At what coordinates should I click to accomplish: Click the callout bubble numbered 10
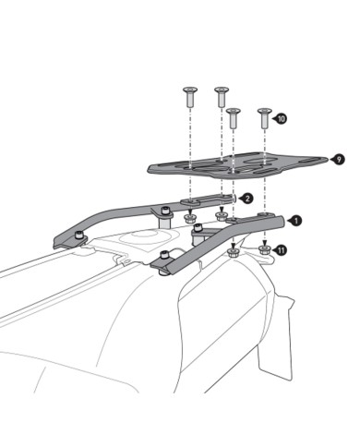point(281,119)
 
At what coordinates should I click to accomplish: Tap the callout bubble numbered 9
point(340,159)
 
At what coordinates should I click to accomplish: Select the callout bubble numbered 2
point(246,198)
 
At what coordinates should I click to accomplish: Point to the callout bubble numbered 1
point(295,220)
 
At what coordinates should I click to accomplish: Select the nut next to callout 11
point(265,248)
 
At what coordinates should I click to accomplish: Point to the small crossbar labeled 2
point(208,201)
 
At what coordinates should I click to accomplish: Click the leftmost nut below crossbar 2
point(190,220)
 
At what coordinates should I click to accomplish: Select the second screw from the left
point(222,94)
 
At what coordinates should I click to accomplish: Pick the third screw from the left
point(234,117)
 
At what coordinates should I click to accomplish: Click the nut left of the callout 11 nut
point(234,248)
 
